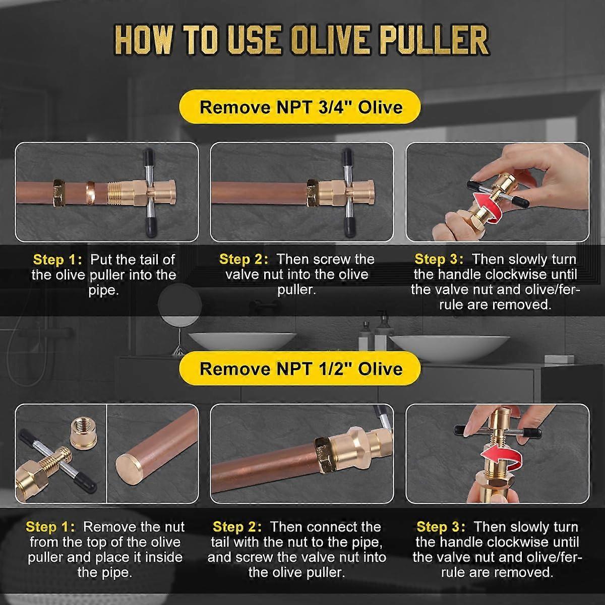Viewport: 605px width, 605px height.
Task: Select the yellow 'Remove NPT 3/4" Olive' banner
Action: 301,107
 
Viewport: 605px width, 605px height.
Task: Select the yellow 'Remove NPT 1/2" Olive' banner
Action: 301,368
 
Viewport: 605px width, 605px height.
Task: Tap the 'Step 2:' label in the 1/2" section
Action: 237,527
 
